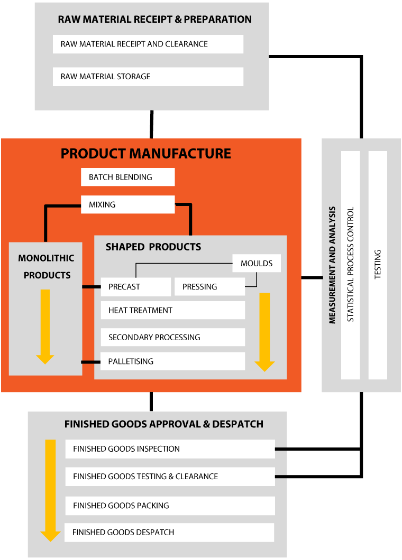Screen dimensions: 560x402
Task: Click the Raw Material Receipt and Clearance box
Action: [148, 44]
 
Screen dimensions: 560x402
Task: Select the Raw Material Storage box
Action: [148, 77]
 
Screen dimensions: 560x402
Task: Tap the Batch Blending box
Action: [127, 178]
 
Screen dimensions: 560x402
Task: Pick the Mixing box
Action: [127, 204]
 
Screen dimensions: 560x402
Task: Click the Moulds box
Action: [257, 264]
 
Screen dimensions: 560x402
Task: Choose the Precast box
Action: [136, 287]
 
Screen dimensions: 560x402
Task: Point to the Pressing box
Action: [209, 287]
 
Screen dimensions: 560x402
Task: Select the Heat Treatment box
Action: [172, 310]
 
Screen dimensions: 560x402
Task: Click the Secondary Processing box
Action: [172, 337]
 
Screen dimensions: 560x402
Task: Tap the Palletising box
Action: [172, 361]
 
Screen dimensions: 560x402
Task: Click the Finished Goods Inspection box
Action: [170, 449]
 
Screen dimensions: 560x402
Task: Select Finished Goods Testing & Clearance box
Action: [170, 477]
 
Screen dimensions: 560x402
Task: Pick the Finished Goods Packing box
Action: [170, 506]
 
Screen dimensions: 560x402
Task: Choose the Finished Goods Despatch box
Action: [169, 533]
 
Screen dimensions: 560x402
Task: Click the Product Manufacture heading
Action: [146, 154]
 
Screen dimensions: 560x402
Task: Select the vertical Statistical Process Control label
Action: [350, 264]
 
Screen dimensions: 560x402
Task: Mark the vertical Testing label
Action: [378, 264]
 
